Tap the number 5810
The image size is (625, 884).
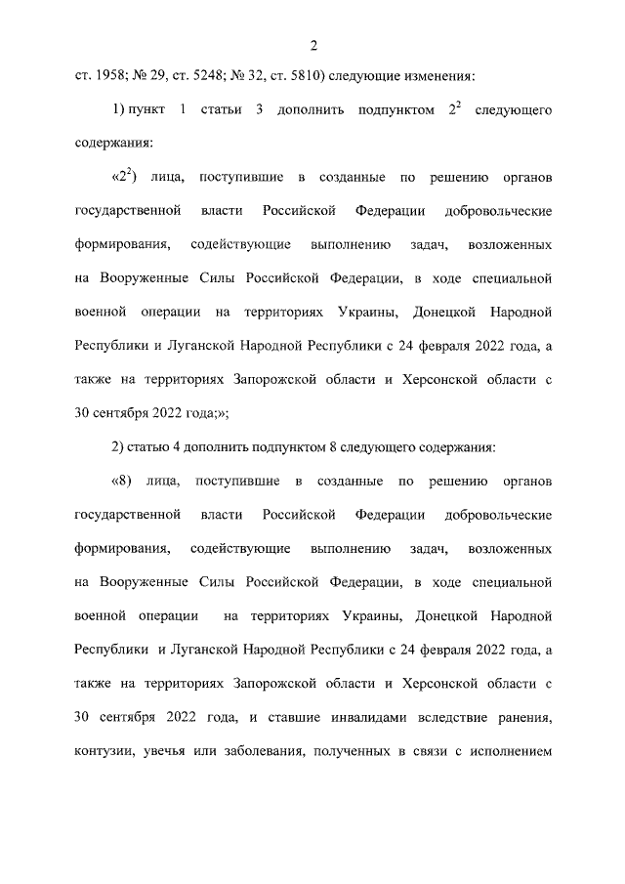[x=295, y=74]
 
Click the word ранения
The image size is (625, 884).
[x=523, y=720]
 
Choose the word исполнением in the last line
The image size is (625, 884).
[x=510, y=754]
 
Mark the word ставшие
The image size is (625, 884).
[x=272, y=720]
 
